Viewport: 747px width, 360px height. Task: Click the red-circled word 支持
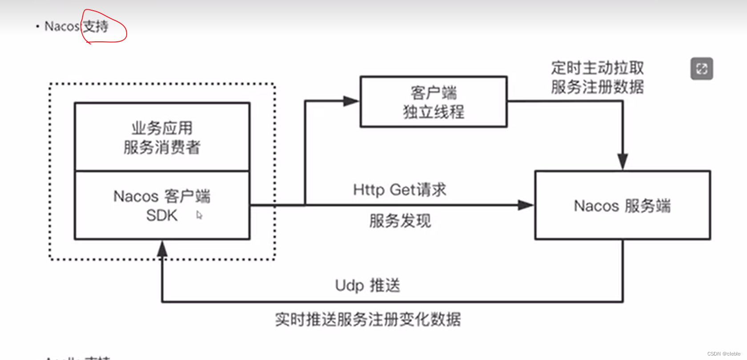(96, 27)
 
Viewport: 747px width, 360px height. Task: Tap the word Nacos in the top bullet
(62, 27)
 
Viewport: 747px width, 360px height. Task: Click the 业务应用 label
(162, 128)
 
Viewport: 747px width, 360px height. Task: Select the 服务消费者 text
(162, 147)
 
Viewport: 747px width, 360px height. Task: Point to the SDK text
(162, 216)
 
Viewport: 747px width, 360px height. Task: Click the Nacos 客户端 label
(162, 196)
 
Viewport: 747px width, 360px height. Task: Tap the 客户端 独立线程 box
(434, 102)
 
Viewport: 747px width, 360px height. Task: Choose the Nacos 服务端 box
(622, 206)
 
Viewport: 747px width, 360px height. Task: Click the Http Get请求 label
(399, 190)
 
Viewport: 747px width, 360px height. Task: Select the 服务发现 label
(400, 220)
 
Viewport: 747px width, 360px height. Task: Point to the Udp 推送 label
(368, 285)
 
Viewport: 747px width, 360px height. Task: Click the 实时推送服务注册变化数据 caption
(368, 319)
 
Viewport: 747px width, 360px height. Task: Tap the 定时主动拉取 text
(597, 68)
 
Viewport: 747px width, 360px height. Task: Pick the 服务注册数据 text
(597, 87)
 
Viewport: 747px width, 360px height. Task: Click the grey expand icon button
(702, 69)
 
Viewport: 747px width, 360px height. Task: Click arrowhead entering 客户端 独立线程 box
(351, 101)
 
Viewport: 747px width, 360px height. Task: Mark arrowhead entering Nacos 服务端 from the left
(526, 205)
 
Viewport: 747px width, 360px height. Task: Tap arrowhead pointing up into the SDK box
(162, 249)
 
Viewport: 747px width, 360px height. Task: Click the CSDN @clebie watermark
(723, 354)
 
